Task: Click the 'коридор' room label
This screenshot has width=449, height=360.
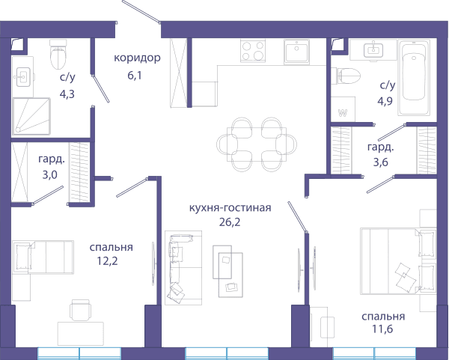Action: (x=137, y=58)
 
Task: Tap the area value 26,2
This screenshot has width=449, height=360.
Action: (x=230, y=222)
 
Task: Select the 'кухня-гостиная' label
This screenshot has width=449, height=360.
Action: (x=230, y=207)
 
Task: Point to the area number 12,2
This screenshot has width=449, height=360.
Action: (x=107, y=261)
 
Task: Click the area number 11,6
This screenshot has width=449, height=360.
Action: (x=382, y=329)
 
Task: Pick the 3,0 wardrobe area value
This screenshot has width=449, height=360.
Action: (x=50, y=174)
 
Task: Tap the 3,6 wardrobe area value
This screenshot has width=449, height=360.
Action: (x=381, y=162)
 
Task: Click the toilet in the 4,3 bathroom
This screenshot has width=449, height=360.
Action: (x=58, y=55)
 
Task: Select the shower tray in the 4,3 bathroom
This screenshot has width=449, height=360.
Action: (x=31, y=116)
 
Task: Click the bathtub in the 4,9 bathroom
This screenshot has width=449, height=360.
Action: (x=414, y=77)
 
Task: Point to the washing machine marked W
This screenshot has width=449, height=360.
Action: (x=343, y=109)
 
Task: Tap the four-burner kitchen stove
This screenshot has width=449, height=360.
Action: (x=253, y=51)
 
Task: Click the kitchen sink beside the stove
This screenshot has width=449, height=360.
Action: (x=296, y=52)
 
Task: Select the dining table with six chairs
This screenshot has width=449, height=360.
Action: (x=257, y=144)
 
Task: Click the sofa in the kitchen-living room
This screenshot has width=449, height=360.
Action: (x=183, y=268)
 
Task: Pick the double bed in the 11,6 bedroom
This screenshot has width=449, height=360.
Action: (x=398, y=261)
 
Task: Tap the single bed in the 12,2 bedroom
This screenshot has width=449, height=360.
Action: (x=43, y=257)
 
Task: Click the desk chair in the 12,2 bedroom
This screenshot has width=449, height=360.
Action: (x=81, y=310)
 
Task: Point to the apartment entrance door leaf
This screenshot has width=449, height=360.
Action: (x=141, y=11)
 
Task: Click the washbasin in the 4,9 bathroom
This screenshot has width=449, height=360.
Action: (x=373, y=50)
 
